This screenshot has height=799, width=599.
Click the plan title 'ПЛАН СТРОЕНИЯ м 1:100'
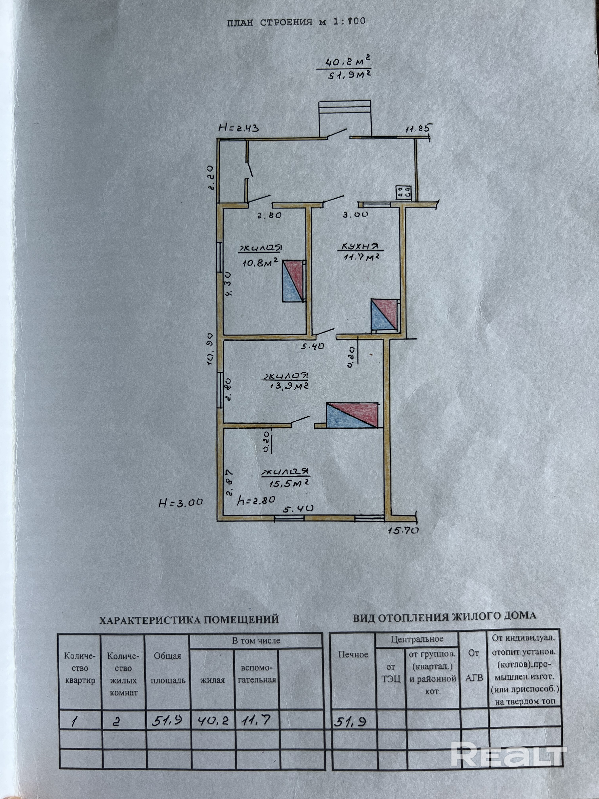(x=296, y=22)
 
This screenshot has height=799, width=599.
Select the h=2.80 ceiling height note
(x=256, y=500)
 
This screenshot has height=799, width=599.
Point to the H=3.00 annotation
(x=180, y=502)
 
